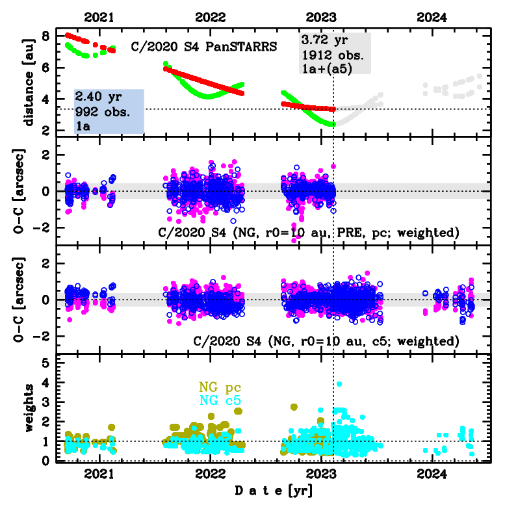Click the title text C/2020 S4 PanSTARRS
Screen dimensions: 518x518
tap(204, 47)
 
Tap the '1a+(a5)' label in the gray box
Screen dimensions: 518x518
tap(327, 66)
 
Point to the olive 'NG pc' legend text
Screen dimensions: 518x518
tap(220, 389)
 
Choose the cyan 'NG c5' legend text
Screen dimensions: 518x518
tap(220, 401)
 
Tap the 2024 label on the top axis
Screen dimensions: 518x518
tap(431, 18)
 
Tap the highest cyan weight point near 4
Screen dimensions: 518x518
tap(339, 384)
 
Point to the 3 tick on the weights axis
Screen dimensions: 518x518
tap(45, 402)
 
